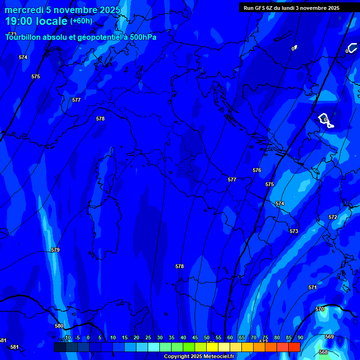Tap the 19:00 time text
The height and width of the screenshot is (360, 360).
pyautogui.click(x=20, y=21)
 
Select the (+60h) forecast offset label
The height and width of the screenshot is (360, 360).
pyautogui.click(x=81, y=21)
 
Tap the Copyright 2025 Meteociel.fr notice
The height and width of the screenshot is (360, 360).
pyautogui.click(x=199, y=357)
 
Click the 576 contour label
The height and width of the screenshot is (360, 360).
pyautogui.click(x=256, y=171)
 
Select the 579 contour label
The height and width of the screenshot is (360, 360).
pyautogui.click(x=55, y=250)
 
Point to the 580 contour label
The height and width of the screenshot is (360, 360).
pyautogui.click(x=59, y=326)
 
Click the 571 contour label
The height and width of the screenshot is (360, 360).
pyautogui.click(x=313, y=287)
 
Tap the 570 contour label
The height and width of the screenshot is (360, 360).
pyautogui.click(x=320, y=309)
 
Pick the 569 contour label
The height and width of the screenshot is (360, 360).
pyautogui.click(x=329, y=337)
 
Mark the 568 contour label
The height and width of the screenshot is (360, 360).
pyautogui.click(x=323, y=352)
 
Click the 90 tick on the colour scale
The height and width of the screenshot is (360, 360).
pyautogui.click(x=300, y=338)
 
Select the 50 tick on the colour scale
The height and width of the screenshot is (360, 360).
pyautogui.click(x=206, y=338)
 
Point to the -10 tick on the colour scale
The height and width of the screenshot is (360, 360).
pyautogui.click(x=67, y=338)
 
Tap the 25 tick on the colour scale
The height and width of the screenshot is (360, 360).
pyautogui.click(x=148, y=338)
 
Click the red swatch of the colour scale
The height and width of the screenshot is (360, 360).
pyautogui.click(x=294, y=347)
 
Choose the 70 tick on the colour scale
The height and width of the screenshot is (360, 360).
pyautogui.click(x=253, y=338)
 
